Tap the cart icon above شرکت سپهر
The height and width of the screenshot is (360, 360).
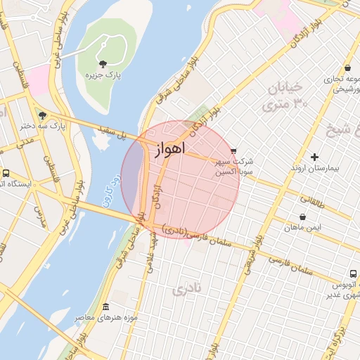click(233, 150)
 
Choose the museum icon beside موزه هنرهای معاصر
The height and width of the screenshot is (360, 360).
click(105, 307)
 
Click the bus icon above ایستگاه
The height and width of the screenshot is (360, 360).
click(6, 173)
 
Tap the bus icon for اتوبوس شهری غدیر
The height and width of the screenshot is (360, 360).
click(349, 274)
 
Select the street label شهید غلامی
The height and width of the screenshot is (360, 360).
click(151, 246)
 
